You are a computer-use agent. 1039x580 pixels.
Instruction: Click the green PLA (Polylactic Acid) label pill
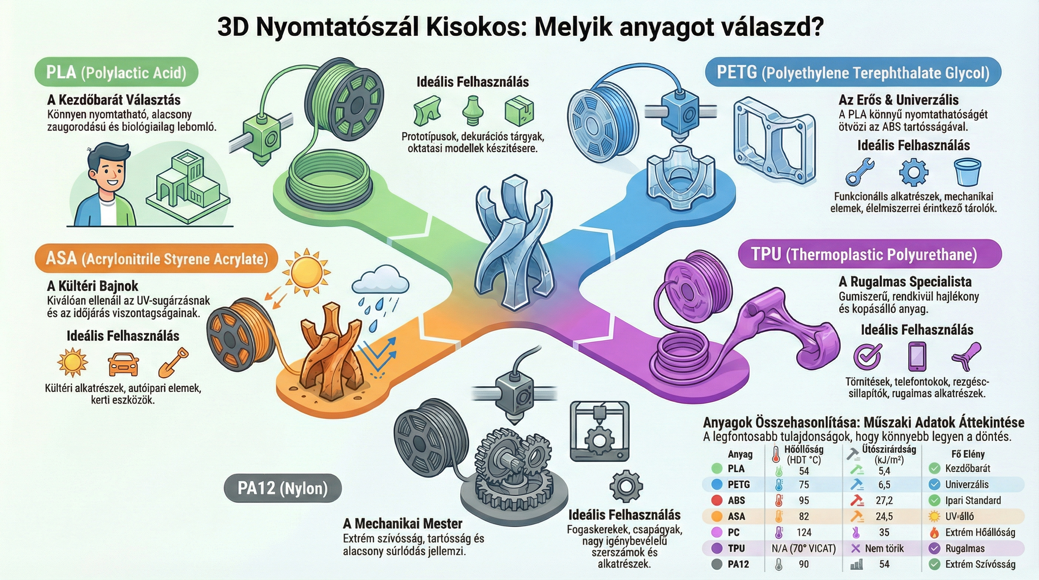[116, 72]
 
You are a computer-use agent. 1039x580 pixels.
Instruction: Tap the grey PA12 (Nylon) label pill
[282, 488]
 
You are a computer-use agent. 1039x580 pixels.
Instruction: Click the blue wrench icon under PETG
[860, 171]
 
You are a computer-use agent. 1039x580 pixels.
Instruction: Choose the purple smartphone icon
[917, 356]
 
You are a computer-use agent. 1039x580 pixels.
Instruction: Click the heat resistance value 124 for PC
[804, 532]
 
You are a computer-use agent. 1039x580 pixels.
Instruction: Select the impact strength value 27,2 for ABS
[884, 501]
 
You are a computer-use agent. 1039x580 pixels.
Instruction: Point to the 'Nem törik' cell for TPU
[884, 549]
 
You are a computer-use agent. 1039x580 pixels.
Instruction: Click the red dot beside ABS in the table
[717, 501]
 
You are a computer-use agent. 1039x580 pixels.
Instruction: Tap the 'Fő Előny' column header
[968, 454]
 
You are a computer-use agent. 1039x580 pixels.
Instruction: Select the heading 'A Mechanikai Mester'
[402, 523]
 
